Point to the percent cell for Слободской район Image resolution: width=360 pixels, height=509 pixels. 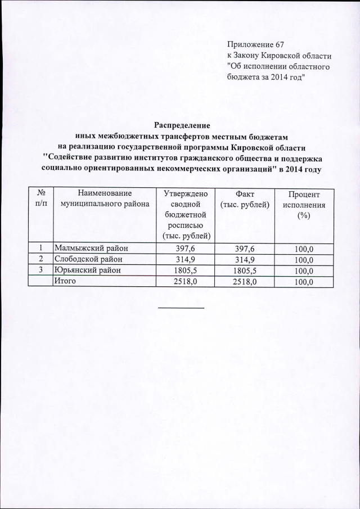(303, 260)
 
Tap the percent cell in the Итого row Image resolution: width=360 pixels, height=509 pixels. (303, 281)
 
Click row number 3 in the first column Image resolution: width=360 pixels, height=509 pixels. (41, 270)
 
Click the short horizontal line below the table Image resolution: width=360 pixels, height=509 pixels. (181, 308)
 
